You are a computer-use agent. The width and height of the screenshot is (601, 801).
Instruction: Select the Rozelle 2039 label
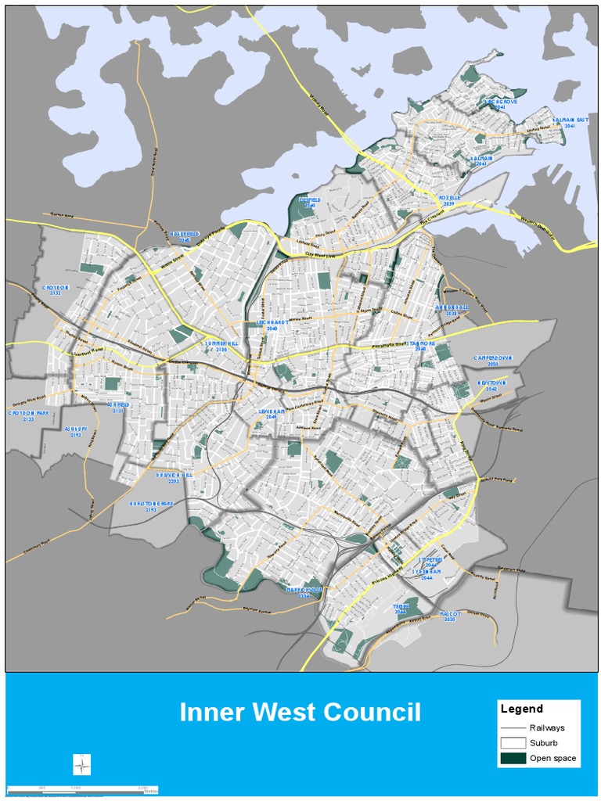448,200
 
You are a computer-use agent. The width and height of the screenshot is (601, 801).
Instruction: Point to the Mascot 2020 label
450,616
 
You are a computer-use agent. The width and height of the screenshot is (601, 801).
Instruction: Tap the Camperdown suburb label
493,361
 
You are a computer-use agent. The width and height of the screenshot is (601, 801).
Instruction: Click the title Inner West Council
300,713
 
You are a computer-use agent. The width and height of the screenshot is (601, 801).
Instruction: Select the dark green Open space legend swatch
513,758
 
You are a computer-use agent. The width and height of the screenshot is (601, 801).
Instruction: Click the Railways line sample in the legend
513,727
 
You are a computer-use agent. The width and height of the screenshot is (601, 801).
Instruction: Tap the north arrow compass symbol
82,764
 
